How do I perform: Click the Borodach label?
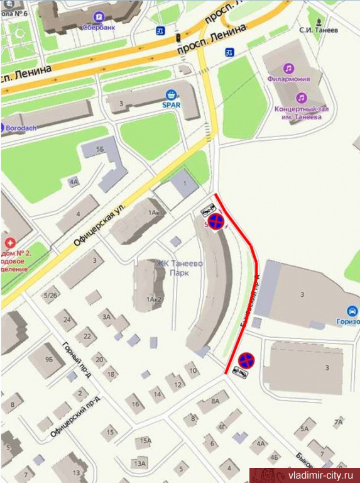(x=21, y=127)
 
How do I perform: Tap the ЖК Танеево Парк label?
(x=179, y=268)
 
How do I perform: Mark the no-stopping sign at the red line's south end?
(x=246, y=360)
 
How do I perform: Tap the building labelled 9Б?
(x=49, y=360)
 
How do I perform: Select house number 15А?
(x=146, y=441)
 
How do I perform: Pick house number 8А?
(x=215, y=400)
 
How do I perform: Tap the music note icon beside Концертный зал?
(x=302, y=98)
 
